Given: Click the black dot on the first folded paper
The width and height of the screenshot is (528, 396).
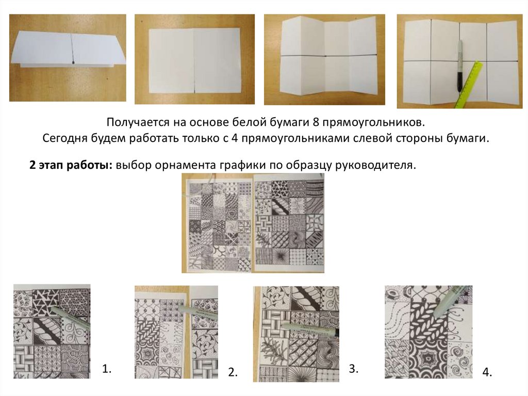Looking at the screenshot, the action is [x=73, y=62].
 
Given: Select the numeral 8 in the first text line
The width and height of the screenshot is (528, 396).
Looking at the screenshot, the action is [x=316, y=122].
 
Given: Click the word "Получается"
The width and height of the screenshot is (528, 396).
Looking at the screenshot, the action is [x=138, y=122].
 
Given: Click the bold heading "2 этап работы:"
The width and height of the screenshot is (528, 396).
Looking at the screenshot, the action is [x=71, y=165].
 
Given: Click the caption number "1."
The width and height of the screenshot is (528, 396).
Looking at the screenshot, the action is [x=106, y=369].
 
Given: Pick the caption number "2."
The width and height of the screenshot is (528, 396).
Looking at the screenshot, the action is [x=233, y=372].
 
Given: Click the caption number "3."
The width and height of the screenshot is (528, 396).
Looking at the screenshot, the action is [x=353, y=368].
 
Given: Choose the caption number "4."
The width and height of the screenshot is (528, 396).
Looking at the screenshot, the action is [x=487, y=372].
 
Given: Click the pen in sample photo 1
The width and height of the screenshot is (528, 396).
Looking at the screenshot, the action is [x=71, y=316].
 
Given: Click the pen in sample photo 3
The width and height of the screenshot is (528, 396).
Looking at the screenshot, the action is [x=310, y=328].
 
